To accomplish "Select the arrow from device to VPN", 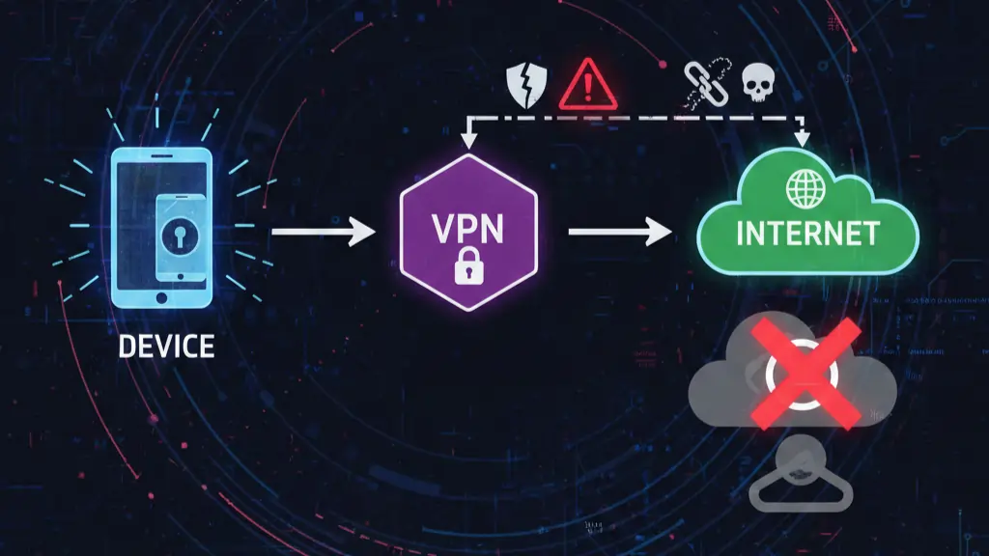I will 323,232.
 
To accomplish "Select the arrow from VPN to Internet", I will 619,232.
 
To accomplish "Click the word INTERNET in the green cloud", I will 806,233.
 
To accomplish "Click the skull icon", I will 755,85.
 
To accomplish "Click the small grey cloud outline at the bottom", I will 801,483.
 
